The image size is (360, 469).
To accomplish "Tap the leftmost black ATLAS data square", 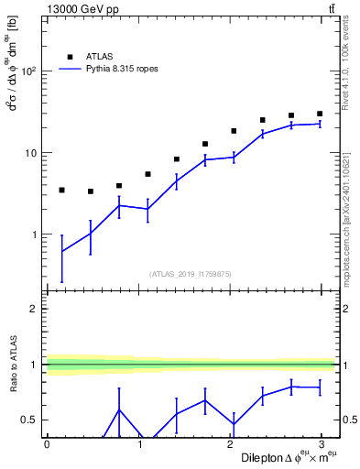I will [61, 190].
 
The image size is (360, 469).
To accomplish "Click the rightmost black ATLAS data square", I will [320, 114].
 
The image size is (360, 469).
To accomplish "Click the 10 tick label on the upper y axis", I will [30, 153].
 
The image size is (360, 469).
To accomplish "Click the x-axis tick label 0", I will [47, 443].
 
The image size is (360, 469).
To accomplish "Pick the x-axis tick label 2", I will [230, 443].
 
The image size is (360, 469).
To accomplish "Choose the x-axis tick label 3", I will [322, 443].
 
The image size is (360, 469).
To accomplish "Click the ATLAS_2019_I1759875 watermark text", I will [191, 273].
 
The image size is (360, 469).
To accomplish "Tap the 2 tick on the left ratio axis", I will [35, 309].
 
